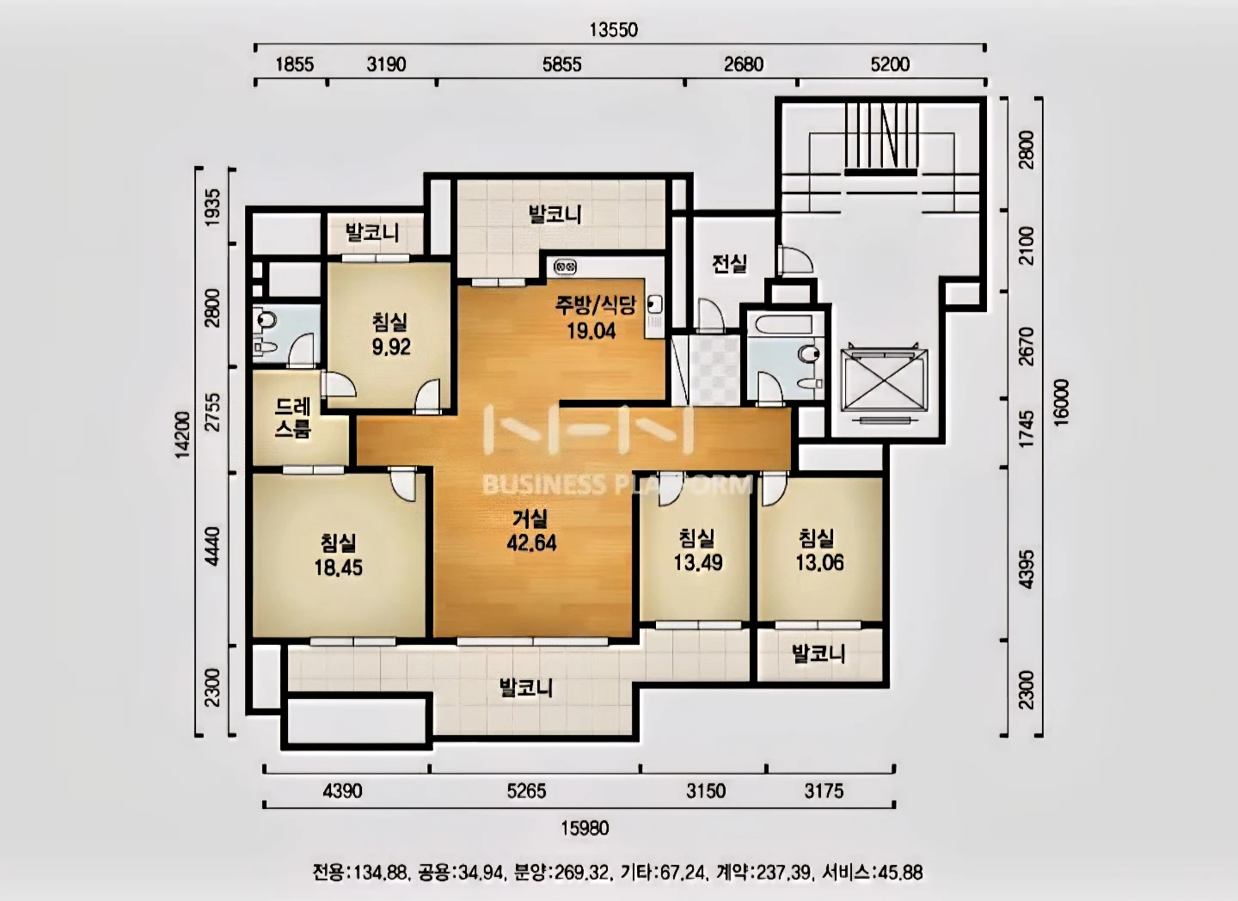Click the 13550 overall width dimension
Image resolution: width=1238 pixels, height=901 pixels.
coord(614,29)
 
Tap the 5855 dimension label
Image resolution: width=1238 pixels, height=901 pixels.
coord(561,64)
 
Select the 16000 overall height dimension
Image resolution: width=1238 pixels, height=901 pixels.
coord(1061,401)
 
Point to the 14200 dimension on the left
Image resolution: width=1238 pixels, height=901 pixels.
coord(182,435)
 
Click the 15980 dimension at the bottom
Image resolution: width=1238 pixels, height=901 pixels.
coord(585,828)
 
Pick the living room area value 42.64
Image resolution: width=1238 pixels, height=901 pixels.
coord(531,542)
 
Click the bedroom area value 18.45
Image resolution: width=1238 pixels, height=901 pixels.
coord(338,567)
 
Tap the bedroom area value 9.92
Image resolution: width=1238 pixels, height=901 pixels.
coord(391,347)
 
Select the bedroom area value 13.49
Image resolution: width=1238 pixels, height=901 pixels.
coord(698,563)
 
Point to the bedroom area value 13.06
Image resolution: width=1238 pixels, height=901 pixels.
coord(819,563)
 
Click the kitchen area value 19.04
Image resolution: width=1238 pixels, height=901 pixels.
coord(591,330)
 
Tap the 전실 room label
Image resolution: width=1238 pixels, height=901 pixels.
coord(730,264)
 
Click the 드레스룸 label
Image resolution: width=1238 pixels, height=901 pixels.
coord(293,419)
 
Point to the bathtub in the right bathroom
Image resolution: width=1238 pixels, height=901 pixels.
coord(784,324)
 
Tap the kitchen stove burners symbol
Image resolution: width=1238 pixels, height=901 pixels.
coord(565,267)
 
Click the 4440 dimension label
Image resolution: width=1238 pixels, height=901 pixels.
coord(212,546)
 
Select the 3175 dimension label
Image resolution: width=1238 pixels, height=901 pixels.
coord(824,791)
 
